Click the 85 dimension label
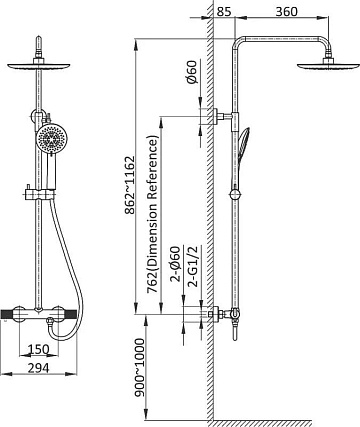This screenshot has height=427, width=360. point(224,12)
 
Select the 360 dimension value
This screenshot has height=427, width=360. point(286,12)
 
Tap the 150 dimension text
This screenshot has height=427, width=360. point(38,349)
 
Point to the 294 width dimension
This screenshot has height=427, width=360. point(38,368)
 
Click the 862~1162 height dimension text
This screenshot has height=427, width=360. point(129,185)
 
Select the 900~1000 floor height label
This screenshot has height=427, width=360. point(140,368)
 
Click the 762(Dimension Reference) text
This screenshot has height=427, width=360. point(152,214)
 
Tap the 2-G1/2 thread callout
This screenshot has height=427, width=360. point(193,266)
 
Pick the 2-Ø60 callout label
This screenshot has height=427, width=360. point(175,264)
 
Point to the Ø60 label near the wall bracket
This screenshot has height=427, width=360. point(192,72)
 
